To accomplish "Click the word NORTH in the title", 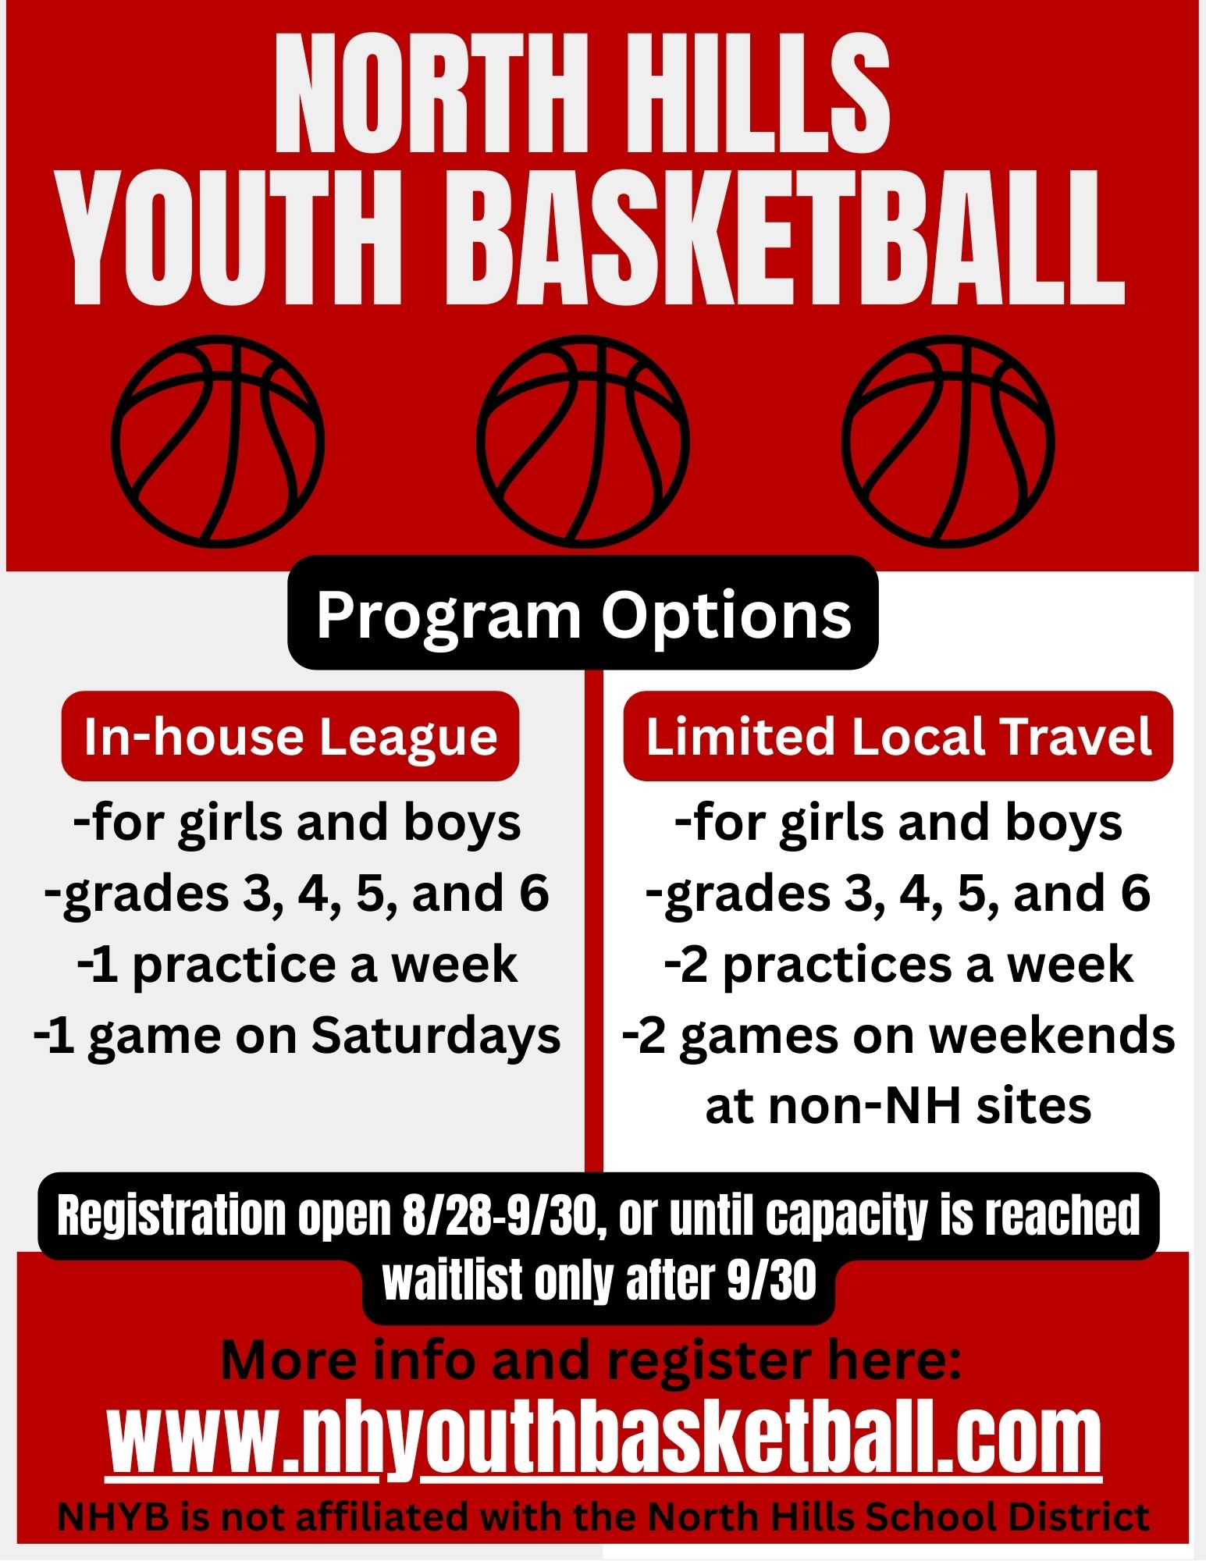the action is pyautogui.click(x=431, y=94).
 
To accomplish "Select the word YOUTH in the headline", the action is pyautogui.click(x=232, y=238).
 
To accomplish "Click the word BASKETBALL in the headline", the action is pyautogui.click(x=784, y=238).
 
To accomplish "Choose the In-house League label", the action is pyautogui.click(x=290, y=737).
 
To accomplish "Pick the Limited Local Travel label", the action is pyautogui.click(x=898, y=737).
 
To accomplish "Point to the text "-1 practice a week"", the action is pyautogui.click(x=297, y=965).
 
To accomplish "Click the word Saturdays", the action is pyautogui.click(x=436, y=1036).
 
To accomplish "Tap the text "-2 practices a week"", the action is pyautogui.click(x=898, y=965).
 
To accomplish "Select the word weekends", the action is pyautogui.click(x=1051, y=1036).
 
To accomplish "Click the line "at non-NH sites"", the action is pyautogui.click(x=898, y=1106).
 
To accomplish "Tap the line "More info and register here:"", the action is pyautogui.click(x=591, y=1360).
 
